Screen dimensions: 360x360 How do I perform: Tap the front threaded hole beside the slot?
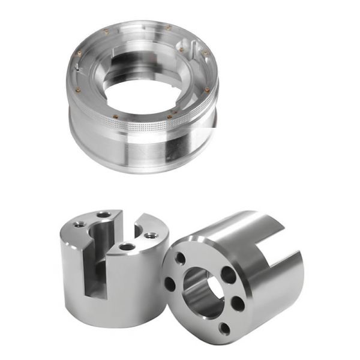127,246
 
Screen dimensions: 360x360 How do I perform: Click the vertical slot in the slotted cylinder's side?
95,264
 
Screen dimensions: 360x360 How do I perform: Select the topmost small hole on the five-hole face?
181,259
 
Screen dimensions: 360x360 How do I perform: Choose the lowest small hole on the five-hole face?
224,328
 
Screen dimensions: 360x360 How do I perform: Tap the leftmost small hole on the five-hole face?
170,284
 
